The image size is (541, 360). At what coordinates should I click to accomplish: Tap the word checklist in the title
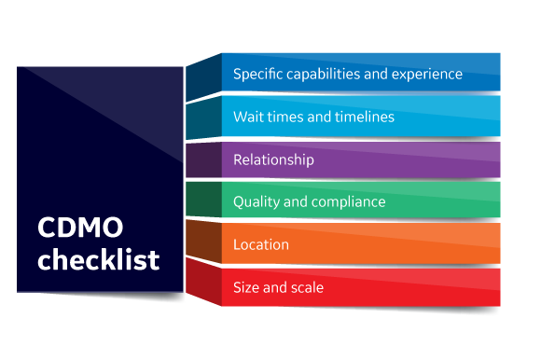(98, 258)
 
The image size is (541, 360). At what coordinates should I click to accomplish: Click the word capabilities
(326, 74)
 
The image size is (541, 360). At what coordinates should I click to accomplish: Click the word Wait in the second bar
(247, 117)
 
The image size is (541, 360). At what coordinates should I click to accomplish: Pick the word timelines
(358, 117)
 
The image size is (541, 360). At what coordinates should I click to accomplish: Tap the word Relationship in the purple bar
(273, 159)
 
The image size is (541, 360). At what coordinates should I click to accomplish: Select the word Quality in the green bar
(255, 201)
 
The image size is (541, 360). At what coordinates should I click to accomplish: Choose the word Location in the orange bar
(261, 244)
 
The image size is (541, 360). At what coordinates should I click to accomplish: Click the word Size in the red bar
(246, 287)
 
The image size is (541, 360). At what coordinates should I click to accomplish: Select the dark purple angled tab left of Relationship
(202, 159)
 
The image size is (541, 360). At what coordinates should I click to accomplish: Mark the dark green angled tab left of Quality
(202, 200)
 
